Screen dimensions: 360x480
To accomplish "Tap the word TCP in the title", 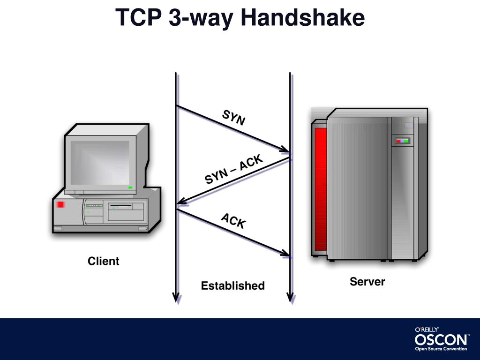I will (x=137, y=18).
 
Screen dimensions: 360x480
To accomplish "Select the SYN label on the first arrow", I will (x=233, y=118).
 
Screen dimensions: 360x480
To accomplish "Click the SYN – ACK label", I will (x=234, y=170).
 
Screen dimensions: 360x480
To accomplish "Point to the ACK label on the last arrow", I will (x=233, y=221).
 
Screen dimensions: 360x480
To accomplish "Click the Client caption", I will (x=104, y=261).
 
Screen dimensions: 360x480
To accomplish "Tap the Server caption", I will (x=367, y=282).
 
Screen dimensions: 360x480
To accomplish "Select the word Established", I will (x=232, y=285).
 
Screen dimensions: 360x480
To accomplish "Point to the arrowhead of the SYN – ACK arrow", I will (x=182, y=202).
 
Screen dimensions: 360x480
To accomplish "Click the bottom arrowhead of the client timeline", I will (x=176, y=297).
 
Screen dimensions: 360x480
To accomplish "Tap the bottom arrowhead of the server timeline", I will (x=290, y=297).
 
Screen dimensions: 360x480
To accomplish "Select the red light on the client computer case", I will (x=60, y=205).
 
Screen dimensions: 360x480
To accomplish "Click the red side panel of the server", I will (x=321, y=187).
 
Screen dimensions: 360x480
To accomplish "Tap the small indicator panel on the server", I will (x=402, y=140).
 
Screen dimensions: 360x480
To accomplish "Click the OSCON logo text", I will (x=441, y=339).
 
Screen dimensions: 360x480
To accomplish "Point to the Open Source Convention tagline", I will (x=441, y=349).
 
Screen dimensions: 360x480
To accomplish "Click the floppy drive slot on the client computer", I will (x=120, y=206).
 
